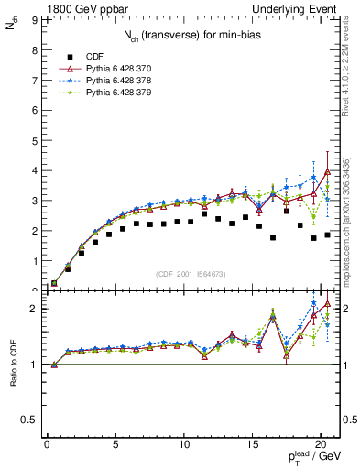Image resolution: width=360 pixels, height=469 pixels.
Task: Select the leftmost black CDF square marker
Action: [54, 283]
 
